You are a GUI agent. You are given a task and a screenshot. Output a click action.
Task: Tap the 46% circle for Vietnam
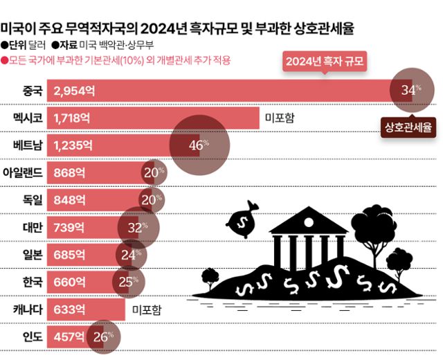(199, 144)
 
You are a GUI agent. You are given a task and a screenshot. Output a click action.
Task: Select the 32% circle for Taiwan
(138, 226)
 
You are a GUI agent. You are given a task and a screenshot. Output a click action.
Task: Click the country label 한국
(32, 282)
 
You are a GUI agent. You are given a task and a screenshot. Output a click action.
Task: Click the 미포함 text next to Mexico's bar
(280, 118)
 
